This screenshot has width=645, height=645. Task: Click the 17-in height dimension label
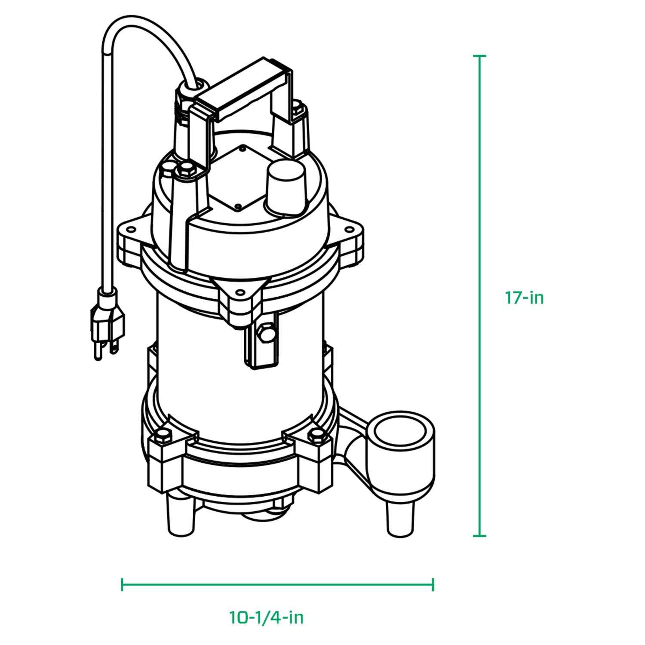pyautogui.click(x=524, y=298)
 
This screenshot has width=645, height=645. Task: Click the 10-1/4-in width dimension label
pyautogui.click(x=266, y=617)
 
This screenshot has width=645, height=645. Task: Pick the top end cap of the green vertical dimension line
pyautogui.click(x=479, y=56)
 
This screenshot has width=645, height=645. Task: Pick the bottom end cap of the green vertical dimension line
pyautogui.click(x=479, y=536)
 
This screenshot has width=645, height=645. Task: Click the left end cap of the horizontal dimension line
pyautogui.click(x=123, y=584)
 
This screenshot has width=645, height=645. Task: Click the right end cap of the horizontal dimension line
pyautogui.click(x=433, y=584)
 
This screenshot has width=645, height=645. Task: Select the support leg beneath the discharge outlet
pyautogui.click(x=400, y=518)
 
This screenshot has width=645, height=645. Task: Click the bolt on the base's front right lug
pyautogui.click(x=316, y=436)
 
